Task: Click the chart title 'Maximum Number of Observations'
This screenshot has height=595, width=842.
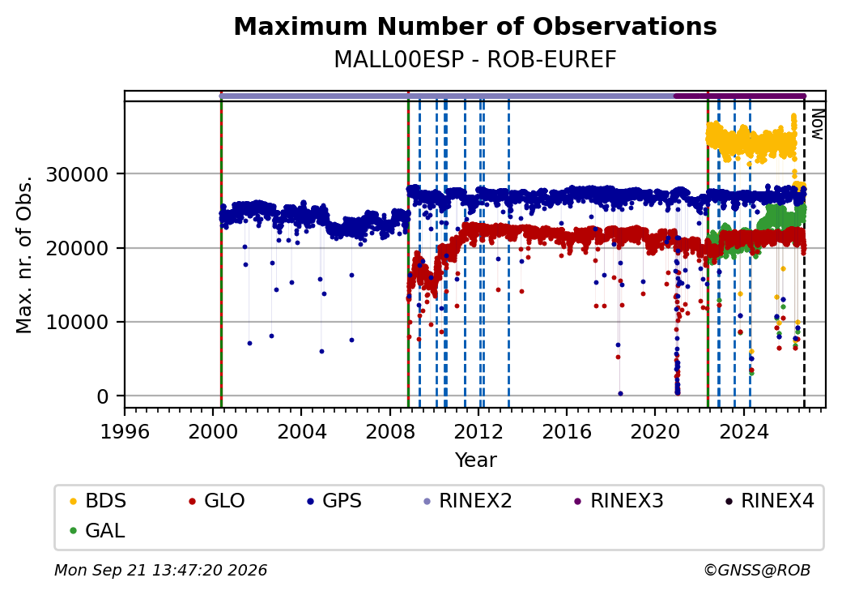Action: (475, 26)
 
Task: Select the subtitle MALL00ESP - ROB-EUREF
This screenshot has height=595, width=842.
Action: (475, 60)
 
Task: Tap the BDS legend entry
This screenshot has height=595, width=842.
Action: (98, 501)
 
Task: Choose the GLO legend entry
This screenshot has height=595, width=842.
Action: (217, 501)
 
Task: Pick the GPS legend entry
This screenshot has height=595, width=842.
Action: (334, 501)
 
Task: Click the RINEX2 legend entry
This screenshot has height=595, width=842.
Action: (468, 501)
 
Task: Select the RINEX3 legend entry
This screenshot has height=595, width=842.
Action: (619, 501)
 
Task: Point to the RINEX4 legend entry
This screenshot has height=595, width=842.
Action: (770, 501)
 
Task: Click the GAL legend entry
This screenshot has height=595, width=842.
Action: (98, 530)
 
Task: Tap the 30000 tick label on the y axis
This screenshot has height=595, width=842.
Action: (78, 174)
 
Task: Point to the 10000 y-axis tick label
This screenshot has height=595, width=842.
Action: (78, 322)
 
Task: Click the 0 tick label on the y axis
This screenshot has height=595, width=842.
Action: (103, 396)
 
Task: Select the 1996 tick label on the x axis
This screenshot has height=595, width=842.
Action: (125, 431)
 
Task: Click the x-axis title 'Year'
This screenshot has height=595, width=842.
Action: (476, 460)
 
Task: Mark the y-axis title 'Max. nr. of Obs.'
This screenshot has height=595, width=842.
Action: (24, 255)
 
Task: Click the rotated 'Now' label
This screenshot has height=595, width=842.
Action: (817, 124)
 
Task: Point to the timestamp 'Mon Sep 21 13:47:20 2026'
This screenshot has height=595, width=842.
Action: (161, 570)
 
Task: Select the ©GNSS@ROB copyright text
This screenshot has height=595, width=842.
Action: (757, 570)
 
